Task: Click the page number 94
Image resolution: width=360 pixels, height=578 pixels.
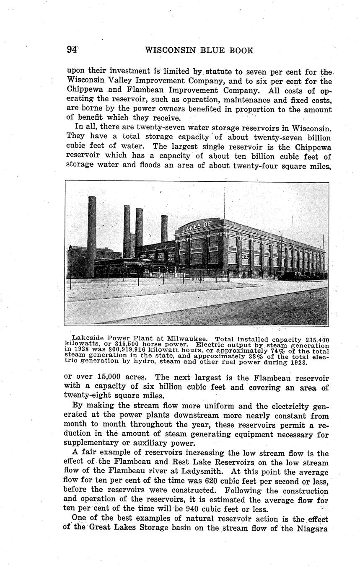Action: click(72, 50)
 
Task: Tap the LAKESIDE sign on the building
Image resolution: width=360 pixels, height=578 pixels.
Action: click(197, 226)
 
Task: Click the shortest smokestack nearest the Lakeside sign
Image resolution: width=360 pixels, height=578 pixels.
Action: click(164, 228)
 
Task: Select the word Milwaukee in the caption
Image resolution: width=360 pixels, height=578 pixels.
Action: click(187, 338)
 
